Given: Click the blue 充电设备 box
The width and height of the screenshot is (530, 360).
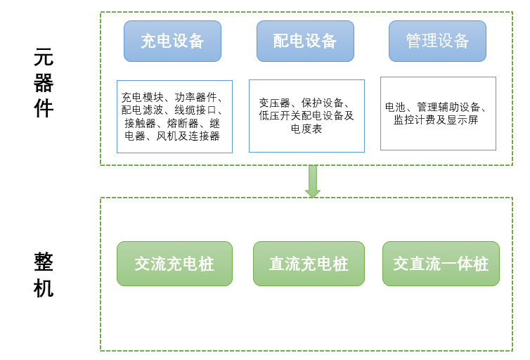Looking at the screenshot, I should click(172, 41).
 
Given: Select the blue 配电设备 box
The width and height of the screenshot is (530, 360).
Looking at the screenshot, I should click(305, 41).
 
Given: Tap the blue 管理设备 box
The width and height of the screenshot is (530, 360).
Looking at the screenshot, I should click(437, 41).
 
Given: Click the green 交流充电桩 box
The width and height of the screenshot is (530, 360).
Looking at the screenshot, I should click(174, 264).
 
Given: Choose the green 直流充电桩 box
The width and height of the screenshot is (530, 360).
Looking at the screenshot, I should click(309, 264).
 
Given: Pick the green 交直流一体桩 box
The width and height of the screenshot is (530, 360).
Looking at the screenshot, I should click(441, 264).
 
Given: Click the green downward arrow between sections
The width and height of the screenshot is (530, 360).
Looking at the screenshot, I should click(313, 181).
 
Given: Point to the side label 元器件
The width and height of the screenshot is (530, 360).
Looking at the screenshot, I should click(44, 83).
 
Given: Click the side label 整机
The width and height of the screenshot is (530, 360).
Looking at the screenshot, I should click(44, 275).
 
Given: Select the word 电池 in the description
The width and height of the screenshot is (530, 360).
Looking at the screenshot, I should click(395, 108).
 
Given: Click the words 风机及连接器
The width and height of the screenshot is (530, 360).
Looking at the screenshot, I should click(188, 136).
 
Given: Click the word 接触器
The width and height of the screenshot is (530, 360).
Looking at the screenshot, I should click(141, 123).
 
